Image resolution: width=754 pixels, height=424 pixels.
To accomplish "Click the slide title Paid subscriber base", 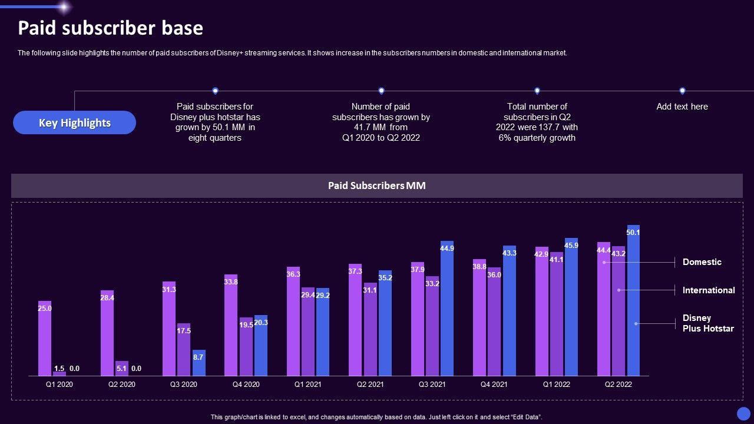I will pos(110,28).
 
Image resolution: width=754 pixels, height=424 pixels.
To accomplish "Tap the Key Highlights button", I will pos(74,122).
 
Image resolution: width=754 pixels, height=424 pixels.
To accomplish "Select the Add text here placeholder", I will pos(682,107).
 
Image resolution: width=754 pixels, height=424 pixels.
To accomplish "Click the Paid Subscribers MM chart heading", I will pos(376,185).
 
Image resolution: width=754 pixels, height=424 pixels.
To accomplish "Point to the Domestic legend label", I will pos(702,262).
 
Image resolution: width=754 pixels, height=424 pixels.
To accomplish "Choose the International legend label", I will pos(708,290).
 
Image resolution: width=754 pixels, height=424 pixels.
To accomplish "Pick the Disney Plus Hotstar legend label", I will pos(707,323).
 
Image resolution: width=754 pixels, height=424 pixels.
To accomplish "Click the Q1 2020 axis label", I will pos(59,385).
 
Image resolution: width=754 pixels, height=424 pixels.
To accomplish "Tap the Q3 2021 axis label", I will pos(432,385).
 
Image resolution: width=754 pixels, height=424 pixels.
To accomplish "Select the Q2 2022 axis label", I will pos(618,385).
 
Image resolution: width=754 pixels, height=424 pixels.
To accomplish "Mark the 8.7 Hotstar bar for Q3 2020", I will pos(199,364).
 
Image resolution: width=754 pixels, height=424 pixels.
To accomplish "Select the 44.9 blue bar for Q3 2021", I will pos(447,309).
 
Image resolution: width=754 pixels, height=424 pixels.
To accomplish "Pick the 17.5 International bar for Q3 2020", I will pos(184,350).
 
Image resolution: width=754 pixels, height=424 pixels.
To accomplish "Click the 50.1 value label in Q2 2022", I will pos(633,233).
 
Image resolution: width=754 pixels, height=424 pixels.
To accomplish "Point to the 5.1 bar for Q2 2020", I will pos(121,369).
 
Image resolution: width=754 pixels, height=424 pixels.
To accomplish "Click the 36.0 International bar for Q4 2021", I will pos(494,322).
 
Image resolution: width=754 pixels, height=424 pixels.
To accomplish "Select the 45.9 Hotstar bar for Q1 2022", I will pos(571,307).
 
